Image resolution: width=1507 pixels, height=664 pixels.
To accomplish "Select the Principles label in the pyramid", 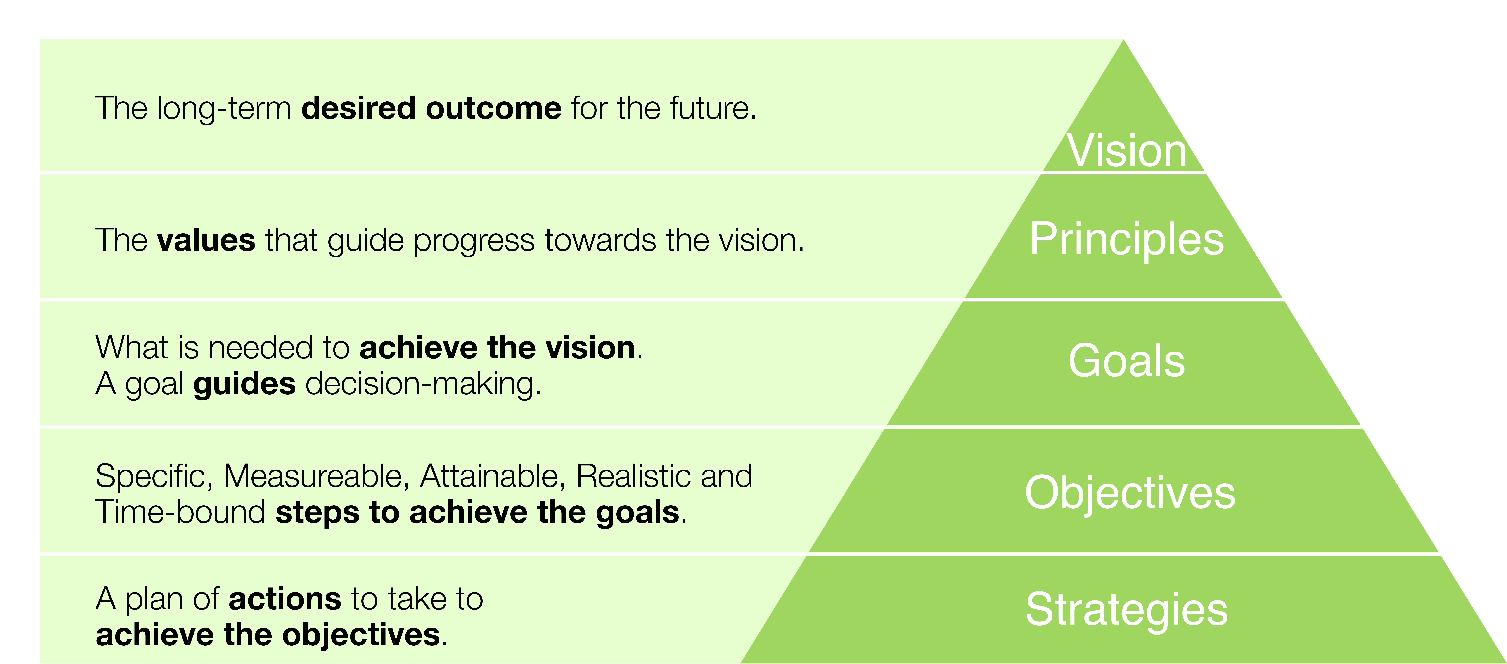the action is point(1127,240).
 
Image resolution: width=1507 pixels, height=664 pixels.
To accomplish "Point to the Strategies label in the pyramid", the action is point(1127,610).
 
